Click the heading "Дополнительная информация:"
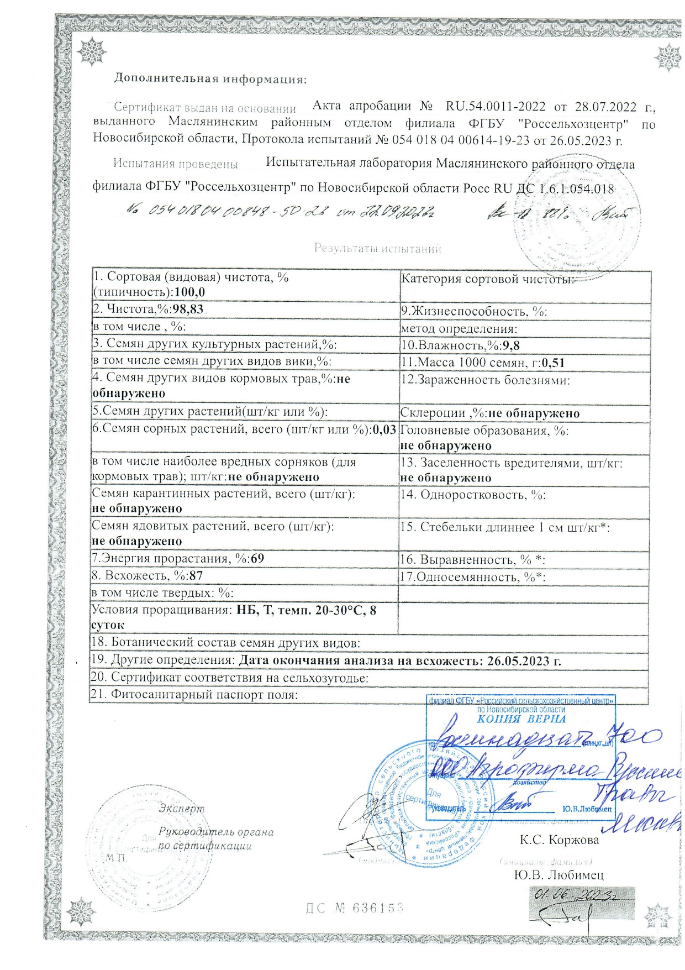(x=210, y=78)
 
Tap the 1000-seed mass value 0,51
(x=553, y=363)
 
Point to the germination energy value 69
(x=257, y=558)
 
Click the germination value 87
(x=196, y=575)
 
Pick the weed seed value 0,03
(x=385, y=429)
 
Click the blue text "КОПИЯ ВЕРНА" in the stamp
(x=521, y=719)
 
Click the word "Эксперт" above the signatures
(x=181, y=808)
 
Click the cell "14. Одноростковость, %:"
(x=473, y=495)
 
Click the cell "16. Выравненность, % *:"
(x=472, y=560)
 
